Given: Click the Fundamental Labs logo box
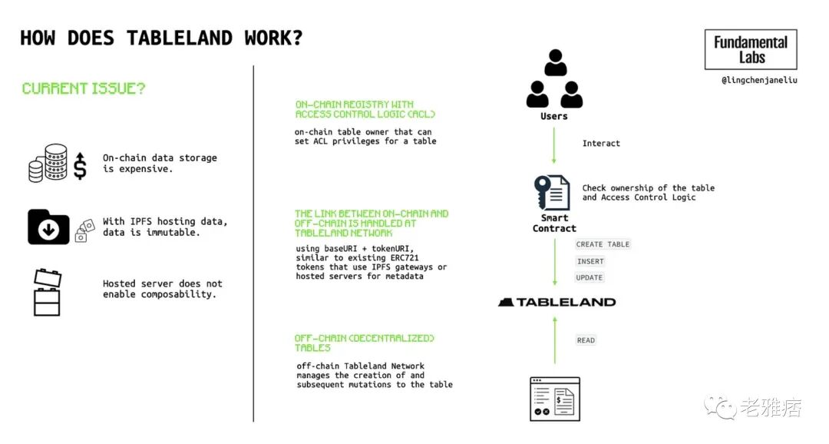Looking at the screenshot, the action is point(751,50).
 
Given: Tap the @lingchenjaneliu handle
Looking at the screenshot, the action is point(758,80).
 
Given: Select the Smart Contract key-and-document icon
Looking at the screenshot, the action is point(553,193).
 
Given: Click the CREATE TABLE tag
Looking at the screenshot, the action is point(603,244).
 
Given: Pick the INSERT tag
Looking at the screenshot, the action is point(590,261).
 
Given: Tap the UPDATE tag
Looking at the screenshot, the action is point(590,277).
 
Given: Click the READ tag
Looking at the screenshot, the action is point(586,340).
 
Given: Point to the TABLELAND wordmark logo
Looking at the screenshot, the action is point(557,302).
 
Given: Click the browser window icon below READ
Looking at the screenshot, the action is point(555,399).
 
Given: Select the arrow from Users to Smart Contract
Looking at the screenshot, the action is point(554,145).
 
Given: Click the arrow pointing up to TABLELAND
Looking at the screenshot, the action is point(554,341).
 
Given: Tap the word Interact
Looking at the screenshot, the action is point(601,144).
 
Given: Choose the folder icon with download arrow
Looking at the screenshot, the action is point(49,227).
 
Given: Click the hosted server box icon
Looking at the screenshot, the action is point(47,292).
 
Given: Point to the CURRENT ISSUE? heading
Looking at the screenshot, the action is point(84,88).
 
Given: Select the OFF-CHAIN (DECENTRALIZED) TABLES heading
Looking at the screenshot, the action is point(365,343).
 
